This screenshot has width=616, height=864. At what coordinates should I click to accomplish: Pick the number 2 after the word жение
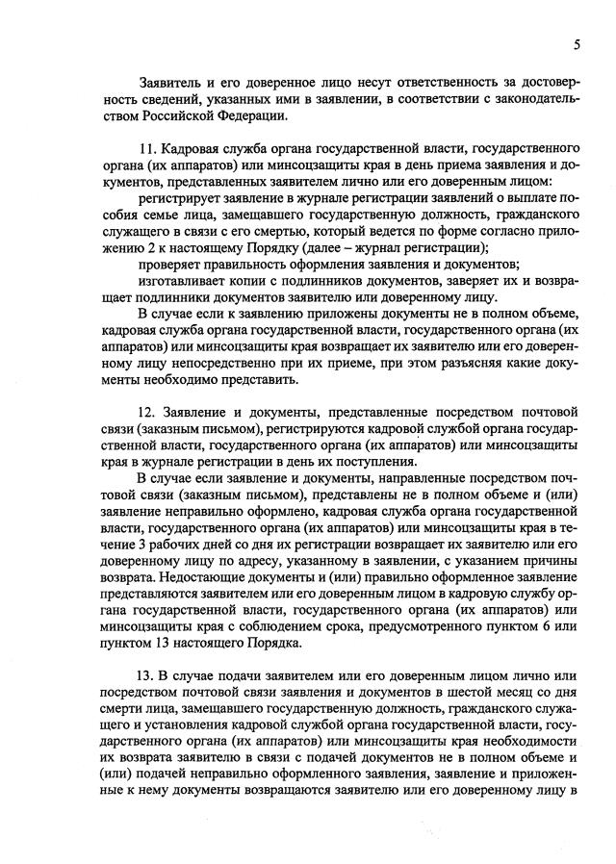click(x=156, y=247)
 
